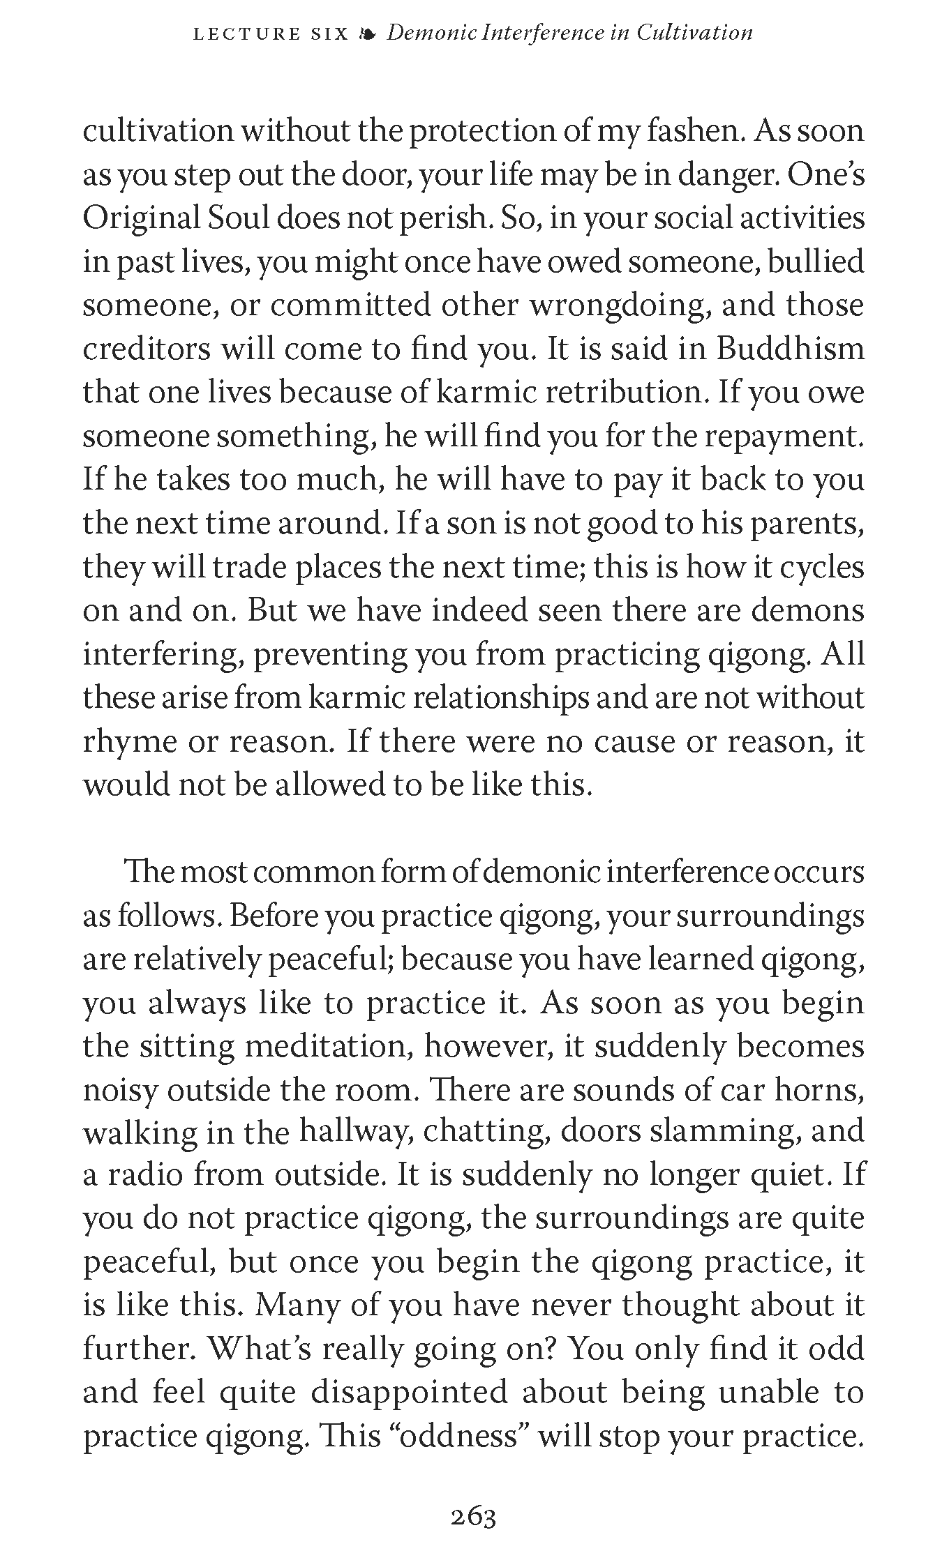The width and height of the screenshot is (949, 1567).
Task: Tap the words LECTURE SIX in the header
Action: pos(270,33)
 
